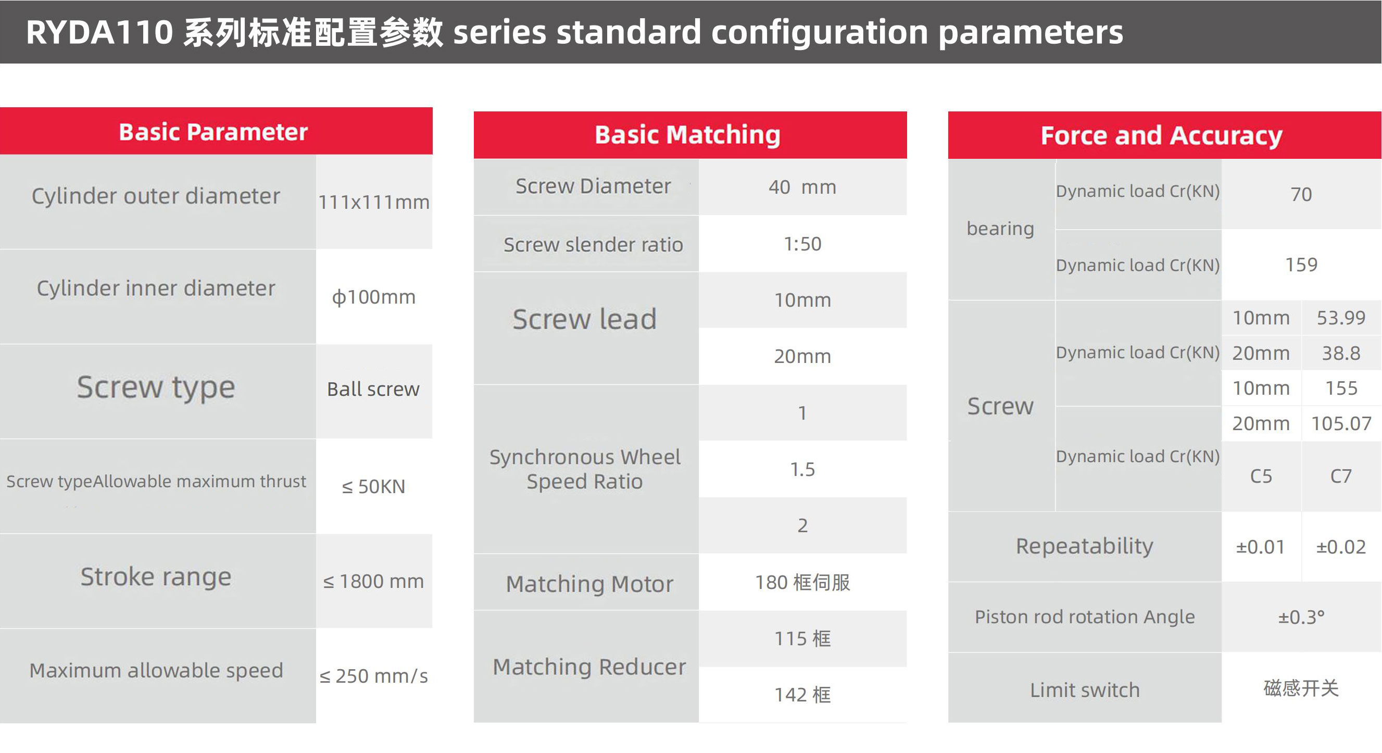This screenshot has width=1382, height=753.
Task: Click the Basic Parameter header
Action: [213, 132]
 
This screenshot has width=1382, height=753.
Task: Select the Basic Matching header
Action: [687, 135]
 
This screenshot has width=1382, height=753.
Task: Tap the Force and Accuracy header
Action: [1161, 135]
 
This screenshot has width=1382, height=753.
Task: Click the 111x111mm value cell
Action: [374, 202]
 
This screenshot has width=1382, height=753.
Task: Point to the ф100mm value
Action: [374, 297]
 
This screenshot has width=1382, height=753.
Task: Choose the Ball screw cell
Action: [373, 390]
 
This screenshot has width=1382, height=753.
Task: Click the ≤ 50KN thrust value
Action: [373, 486]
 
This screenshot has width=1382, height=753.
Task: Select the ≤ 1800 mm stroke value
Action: [373, 581]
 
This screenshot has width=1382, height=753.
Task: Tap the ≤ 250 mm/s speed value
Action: [373, 676]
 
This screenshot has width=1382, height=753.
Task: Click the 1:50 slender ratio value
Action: [802, 244]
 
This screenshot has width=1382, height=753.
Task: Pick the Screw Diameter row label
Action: [593, 186]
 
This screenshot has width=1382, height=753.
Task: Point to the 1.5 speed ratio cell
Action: [802, 469]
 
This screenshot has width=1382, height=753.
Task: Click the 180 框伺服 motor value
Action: [802, 582]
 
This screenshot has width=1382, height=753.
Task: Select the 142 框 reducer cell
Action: [802, 695]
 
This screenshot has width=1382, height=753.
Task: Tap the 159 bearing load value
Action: [1301, 265]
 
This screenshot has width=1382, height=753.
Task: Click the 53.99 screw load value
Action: [1341, 318]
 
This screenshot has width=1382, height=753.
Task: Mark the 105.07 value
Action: [1341, 424]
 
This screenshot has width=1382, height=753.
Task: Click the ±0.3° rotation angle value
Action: [1301, 617]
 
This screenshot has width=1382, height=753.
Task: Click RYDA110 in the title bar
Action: [99, 32]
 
